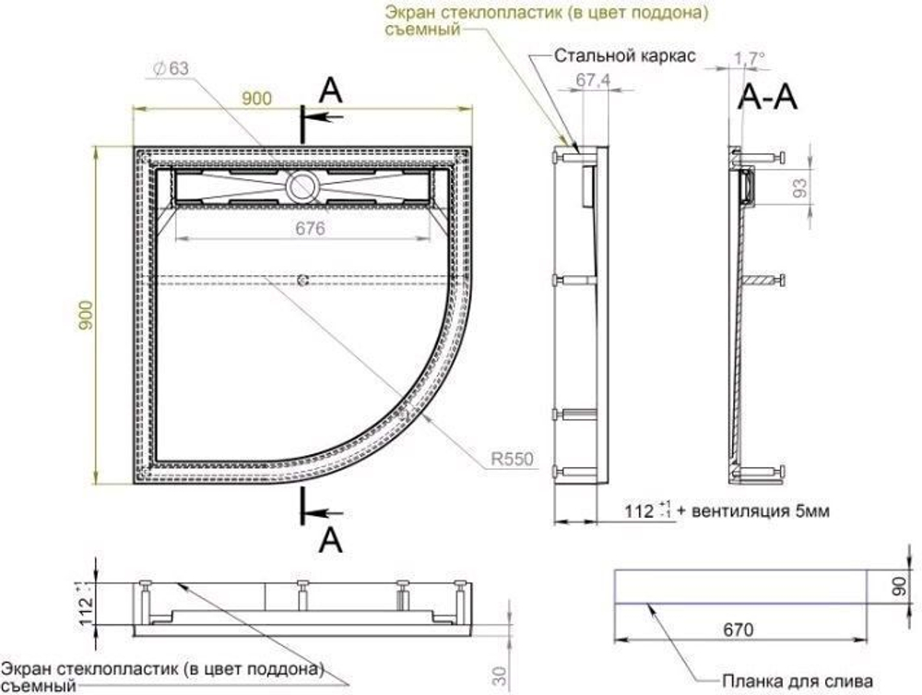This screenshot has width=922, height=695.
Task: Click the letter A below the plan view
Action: pos(330,538)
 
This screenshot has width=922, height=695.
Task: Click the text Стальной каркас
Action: pos(625,56)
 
